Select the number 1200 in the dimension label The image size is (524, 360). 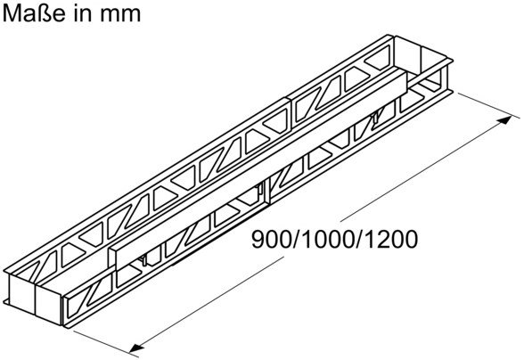click(390, 239)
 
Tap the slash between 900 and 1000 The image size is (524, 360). click(297, 239)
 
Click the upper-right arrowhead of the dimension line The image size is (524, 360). click(505, 120)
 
